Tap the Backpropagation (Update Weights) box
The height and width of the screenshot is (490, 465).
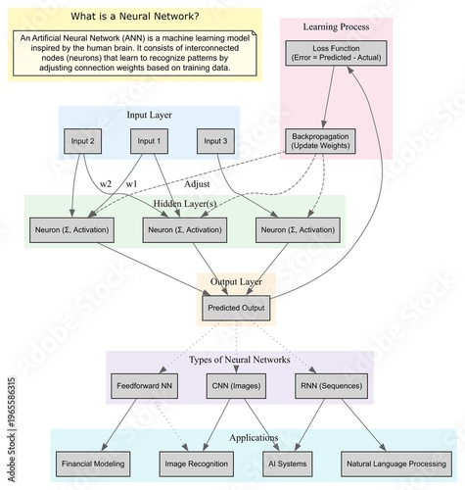(323, 141)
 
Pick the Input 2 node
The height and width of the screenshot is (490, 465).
(83, 141)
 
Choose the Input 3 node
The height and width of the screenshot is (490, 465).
(216, 141)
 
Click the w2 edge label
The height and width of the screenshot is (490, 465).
(106, 185)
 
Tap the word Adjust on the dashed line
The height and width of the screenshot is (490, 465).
(198, 184)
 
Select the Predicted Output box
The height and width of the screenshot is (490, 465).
(236, 308)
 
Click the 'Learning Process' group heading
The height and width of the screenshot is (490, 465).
(336, 25)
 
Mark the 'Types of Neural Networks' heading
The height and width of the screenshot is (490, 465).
(239, 360)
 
